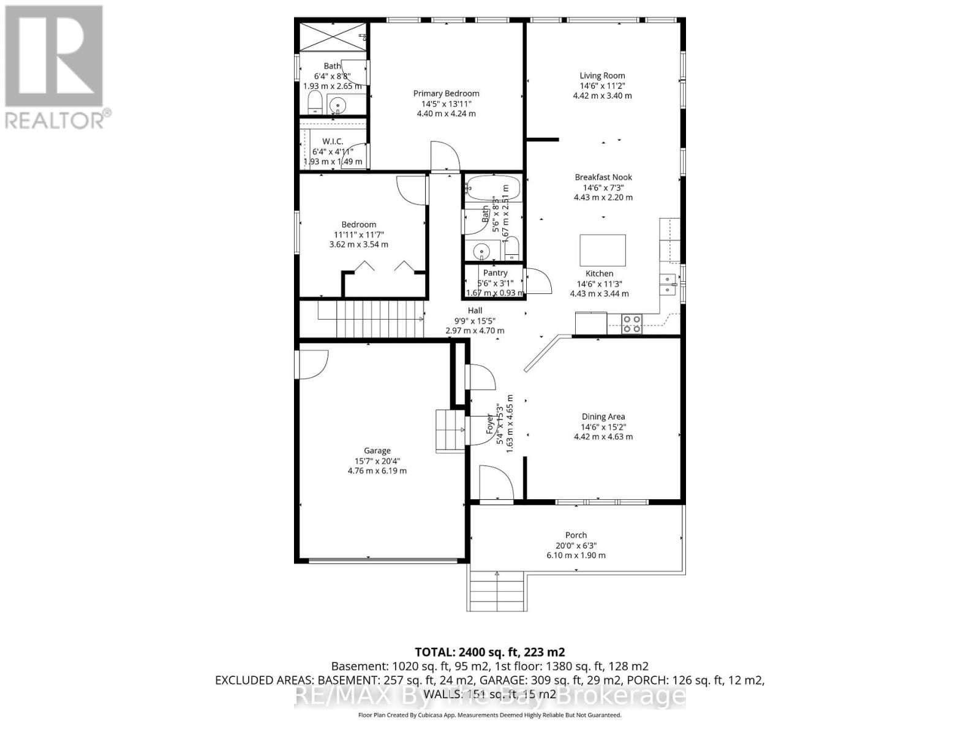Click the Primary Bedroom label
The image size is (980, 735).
tap(446, 94)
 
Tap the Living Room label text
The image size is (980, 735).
tap(602, 76)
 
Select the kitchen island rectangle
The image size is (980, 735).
tap(603, 249)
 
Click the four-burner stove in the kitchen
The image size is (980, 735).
tap(631, 324)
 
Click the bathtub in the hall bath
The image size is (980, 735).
tap(492, 189)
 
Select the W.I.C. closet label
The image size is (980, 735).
tap(333, 141)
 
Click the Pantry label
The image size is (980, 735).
tap(495, 273)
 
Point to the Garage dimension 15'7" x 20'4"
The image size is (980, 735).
tap(377, 461)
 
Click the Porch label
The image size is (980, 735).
tap(576, 535)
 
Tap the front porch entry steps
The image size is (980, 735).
tap(496, 590)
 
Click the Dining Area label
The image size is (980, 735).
tap(603, 417)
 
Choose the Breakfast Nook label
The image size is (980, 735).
tap(603, 178)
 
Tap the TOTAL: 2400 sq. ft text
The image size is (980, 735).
tap(489, 652)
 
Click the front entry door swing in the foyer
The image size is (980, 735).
tap(495, 484)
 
